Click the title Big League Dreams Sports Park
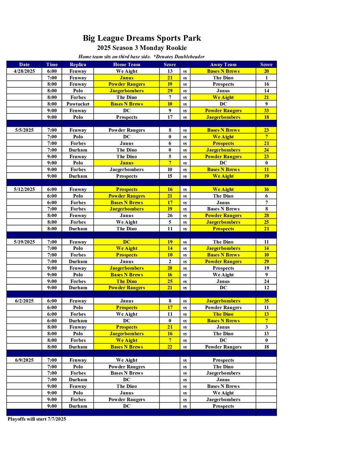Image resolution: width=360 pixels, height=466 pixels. (142, 38)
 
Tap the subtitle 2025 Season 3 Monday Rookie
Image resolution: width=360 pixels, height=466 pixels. (142, 48)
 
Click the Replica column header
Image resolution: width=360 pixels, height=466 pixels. (78, 65)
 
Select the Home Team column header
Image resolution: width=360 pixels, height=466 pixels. (126, 65)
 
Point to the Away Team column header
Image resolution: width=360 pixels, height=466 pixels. (223, 65)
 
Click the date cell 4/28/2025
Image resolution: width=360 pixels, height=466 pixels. (24, 71)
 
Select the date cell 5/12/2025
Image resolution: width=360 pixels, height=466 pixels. (24, 189)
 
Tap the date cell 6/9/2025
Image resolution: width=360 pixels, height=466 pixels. (24, 360)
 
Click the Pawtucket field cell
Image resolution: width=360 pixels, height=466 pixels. (78, 104)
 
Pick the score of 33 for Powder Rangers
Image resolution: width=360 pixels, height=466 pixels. (266, 111)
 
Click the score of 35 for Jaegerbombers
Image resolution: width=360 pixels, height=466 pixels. (266, 301)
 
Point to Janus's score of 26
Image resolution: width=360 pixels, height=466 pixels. (170, 215)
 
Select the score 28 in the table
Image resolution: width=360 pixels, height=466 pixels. (266, 215)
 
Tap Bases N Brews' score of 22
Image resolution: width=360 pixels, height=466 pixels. (170, 347)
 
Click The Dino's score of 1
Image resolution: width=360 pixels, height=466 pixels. (266, 78)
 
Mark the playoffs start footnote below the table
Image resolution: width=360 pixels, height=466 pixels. (37, 419)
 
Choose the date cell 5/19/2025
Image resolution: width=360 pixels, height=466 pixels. (24, 242)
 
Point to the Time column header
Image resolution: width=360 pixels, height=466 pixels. (52, 65)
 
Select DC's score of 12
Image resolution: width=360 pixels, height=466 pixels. (266, 288)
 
